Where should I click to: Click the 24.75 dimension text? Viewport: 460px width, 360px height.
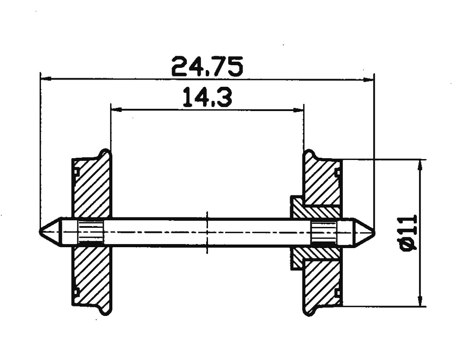point(207,66)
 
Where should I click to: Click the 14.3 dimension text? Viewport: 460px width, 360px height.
point(207,98)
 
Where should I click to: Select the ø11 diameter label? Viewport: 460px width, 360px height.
point(407,232)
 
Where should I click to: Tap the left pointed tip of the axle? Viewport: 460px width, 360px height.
point(42,232)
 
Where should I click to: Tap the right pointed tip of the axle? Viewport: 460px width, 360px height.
point(372,232)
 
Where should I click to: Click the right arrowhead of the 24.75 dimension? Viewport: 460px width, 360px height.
point(369,80)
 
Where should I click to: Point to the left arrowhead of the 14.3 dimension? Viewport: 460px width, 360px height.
point(115,109)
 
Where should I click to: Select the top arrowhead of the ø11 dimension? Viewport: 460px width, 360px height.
point(420,164)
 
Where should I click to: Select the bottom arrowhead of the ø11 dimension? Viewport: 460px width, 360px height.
point(420,302)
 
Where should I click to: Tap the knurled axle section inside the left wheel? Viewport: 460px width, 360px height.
point(91,232)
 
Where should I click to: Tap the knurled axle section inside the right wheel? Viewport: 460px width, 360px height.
point(323,232)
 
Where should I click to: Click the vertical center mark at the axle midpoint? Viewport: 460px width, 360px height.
point(207,232)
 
